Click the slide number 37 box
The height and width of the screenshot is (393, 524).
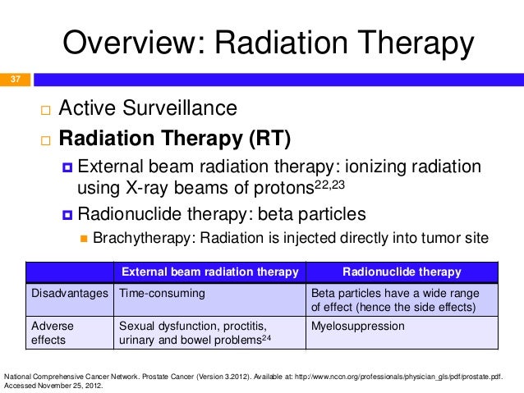click(x=15, y=80)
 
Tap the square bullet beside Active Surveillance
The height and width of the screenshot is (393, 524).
click(x=45, y=110)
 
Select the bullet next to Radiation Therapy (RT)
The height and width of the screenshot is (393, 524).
click(x=45, y=140)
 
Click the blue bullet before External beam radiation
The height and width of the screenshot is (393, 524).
click(x=67, y=167)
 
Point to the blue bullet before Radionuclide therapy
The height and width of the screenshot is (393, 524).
click(x=67, y=215)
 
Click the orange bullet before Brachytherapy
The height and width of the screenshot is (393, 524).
click(x=84, y=239)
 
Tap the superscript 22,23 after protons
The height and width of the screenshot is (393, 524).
click(x=329, y=185)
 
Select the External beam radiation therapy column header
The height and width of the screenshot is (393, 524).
click(x=210, y=272)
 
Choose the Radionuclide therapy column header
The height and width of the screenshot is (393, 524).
click(x=402, y=272)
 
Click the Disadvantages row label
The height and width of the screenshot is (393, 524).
click(x=70, y=293)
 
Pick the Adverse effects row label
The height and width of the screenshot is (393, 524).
click(x=52, y=333)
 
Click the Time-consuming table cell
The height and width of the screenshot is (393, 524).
click(x=162, y=293)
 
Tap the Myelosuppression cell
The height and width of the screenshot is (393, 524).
click(x=358, y=326)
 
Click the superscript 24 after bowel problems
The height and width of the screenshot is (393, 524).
click(x=266, y=338)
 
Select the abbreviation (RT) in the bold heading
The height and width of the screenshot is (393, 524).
click(x=269, y=138)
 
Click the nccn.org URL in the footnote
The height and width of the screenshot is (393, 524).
click(x=398, y=377)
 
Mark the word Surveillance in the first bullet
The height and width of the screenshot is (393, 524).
click(x=180, y=107)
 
